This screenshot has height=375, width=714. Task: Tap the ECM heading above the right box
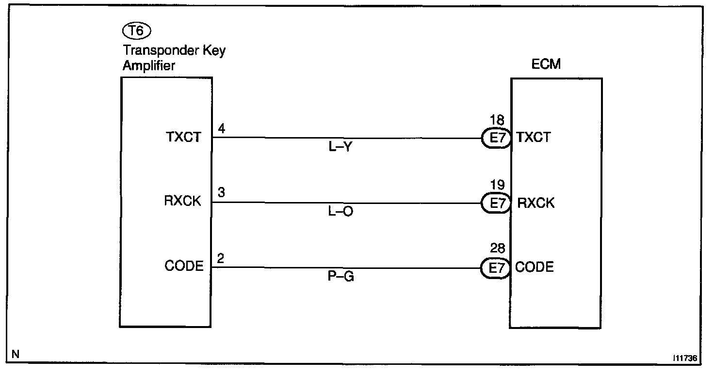[545, 64]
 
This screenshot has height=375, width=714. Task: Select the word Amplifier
[148, 66]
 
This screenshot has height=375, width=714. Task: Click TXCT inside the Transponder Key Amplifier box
[182, 138]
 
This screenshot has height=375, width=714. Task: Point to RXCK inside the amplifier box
[182, 202]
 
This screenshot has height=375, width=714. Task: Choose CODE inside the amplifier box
[184, 266]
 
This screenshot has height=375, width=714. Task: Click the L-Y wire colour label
[340, 148]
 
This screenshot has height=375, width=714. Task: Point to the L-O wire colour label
[341, 212]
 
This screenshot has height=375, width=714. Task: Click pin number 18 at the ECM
[497, 120]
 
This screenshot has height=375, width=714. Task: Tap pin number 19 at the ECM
[497, 185]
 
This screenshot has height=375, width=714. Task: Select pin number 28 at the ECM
[497, 249]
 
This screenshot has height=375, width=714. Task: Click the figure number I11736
[684, 358]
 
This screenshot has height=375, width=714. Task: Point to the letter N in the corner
[16, 354]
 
